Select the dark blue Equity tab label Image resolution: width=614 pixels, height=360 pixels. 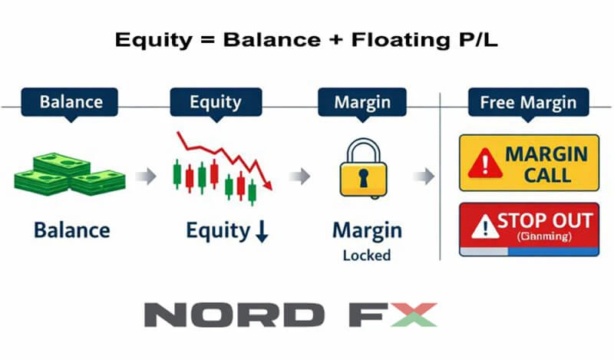coord(216,102)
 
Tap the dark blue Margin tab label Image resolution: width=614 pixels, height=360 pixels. coord(361,102)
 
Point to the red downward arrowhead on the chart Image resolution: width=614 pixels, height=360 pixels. coord(268,183)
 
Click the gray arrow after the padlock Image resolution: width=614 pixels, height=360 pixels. coord(424,177)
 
